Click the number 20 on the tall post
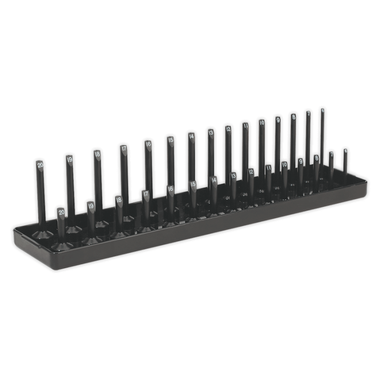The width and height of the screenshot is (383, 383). coord(40,165)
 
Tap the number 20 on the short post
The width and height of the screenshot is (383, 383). coord(61,212)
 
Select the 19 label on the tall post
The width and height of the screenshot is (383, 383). coord(69,159)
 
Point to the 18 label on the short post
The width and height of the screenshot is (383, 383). coord(119,200)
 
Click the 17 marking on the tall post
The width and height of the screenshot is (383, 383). coord(124,148)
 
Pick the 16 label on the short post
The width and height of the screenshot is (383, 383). coord(170,189)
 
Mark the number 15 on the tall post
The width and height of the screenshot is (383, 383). coord(170,140)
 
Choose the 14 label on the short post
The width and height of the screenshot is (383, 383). coord(214,180)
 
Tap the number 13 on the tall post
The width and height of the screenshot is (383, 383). coord(210,132)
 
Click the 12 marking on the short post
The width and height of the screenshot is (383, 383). coord(251,171)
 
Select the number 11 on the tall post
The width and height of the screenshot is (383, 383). coord(245,126)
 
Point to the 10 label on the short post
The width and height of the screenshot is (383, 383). coord(284,165)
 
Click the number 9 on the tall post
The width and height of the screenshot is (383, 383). coord(277,120)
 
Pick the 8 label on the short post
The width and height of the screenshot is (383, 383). coord(316,158)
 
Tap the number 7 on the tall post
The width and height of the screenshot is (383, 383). coord(308,114)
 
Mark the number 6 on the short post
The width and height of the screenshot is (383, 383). coord(345,151)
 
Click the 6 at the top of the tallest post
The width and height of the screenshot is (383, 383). coord(322,110)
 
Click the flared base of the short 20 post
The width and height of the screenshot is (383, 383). coord(62,245)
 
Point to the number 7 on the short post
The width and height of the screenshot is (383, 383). coord(331,154)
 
